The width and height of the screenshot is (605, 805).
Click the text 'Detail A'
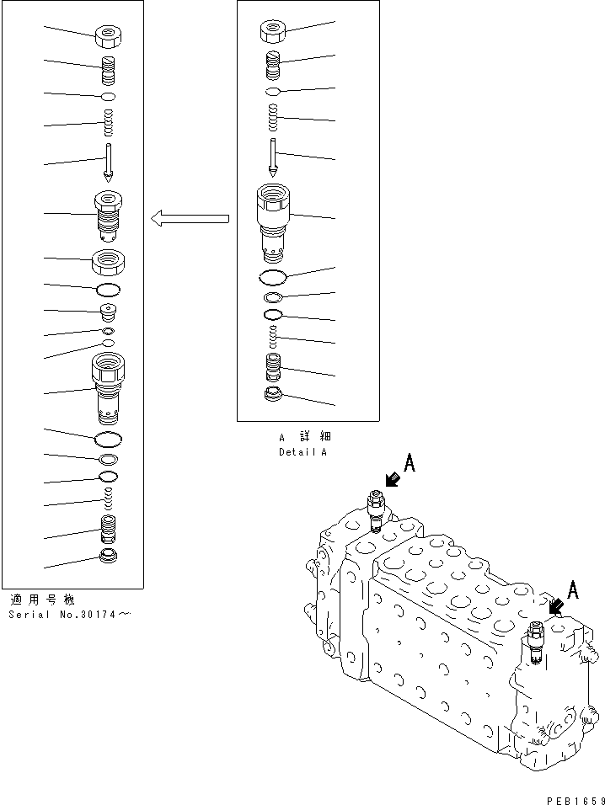click(302, 452)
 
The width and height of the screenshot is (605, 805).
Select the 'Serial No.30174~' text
click(70, 614)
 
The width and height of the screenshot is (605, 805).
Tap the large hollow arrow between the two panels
click(190, 219)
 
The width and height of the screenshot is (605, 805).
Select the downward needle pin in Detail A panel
click(272, 157)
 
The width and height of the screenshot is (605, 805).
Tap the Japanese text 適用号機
click(42, 600)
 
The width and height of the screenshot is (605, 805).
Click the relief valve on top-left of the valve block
click(376, 510)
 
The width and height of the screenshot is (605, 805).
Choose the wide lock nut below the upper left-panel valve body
click(109, 261)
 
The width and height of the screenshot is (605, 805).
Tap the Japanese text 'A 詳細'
click(302, 438)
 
